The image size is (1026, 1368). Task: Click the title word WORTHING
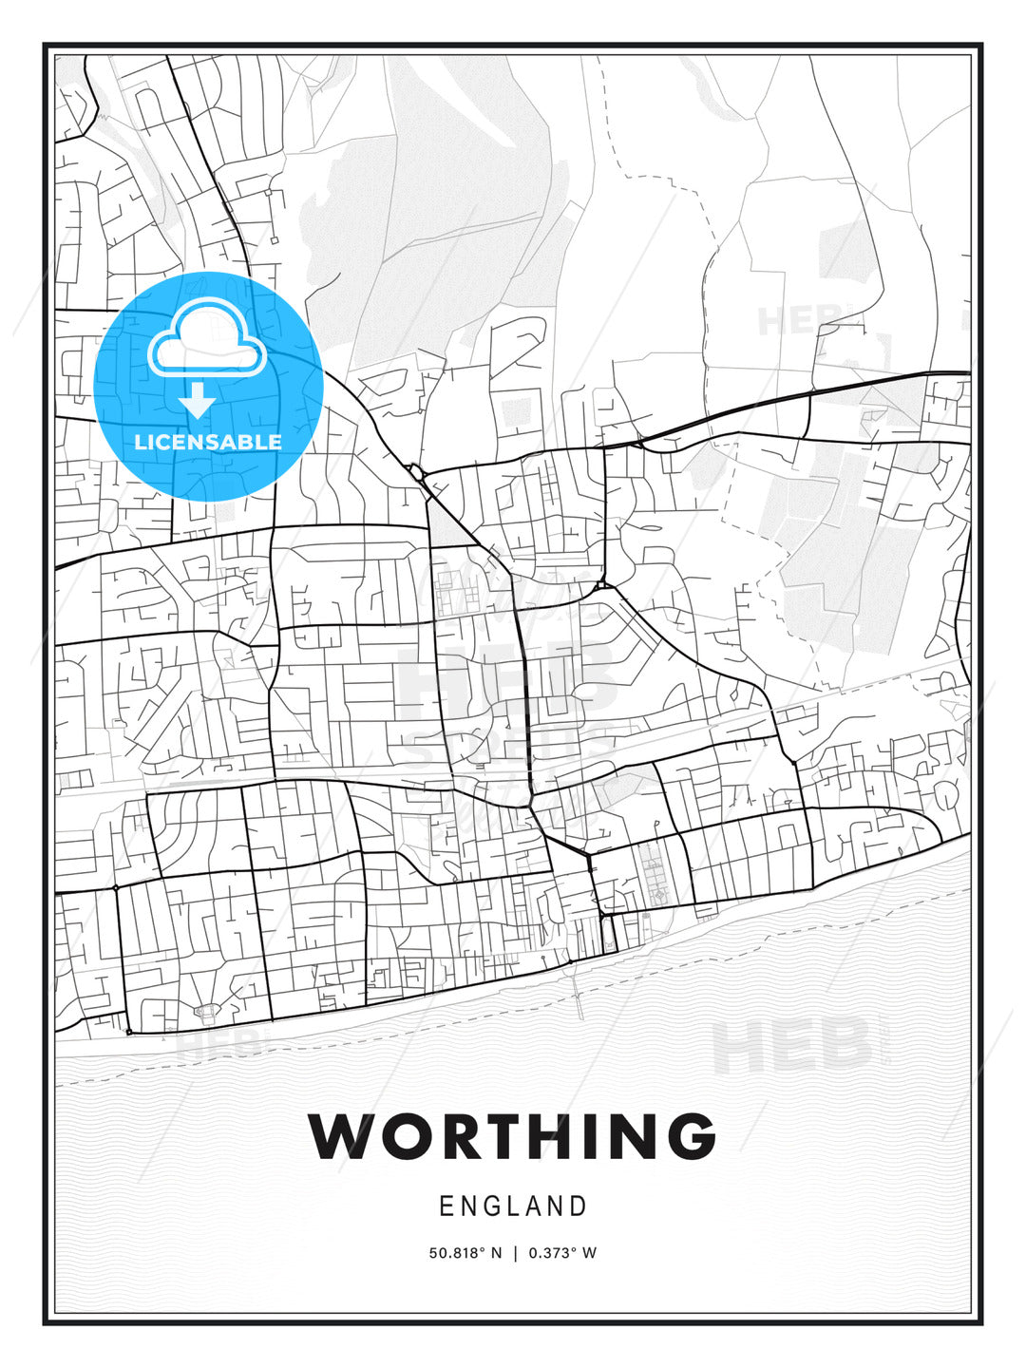coord(512,1135)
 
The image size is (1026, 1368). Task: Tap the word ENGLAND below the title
coord(513,1206)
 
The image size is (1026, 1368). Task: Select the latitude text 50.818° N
coord(465,1253)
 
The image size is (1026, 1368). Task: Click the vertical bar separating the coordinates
coord(515,1253)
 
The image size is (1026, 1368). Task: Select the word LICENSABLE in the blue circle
coord(208,442)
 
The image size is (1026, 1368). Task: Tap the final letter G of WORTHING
coord(685,1135)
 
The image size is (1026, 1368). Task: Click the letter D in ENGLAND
coord(579,1206)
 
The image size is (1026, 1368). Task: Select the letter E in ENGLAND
coord(446,1206)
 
